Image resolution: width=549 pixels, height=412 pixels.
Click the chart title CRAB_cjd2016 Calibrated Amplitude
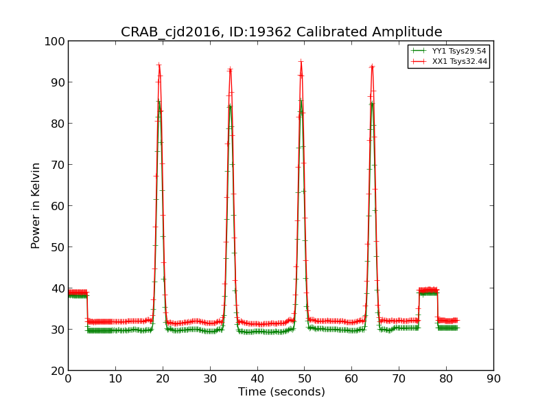281,32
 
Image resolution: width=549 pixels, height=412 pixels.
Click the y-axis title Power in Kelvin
36,205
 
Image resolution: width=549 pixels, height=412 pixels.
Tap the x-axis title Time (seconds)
281,392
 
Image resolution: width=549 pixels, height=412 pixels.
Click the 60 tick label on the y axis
56,206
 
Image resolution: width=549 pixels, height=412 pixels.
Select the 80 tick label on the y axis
56,124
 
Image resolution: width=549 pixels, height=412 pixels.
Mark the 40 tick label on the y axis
56,288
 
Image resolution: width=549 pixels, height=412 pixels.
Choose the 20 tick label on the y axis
56,371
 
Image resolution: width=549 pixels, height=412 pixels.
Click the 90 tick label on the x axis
493,378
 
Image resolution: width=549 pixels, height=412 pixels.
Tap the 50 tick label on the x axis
304,378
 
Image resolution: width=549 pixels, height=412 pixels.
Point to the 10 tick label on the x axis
115,378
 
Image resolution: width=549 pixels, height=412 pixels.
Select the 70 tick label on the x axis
399,378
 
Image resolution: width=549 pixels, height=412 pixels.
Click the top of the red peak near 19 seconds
159,65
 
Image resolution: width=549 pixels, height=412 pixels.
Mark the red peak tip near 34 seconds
230,69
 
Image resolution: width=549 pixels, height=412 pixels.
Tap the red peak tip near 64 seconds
372,66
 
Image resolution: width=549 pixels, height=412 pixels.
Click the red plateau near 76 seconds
428,290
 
